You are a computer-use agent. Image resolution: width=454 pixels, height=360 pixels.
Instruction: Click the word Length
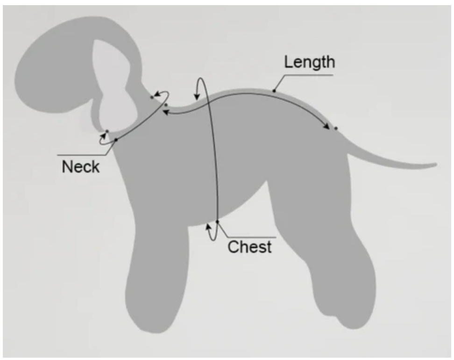pyautogui.click(x=310, y=62)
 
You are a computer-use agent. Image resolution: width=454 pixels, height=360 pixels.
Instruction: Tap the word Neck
pyautogui.click(x=80, y=166)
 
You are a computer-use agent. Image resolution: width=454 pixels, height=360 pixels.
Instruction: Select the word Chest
pyautogui.click(x=249, y=246)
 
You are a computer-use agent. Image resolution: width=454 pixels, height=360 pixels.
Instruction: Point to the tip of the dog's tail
pyautogui.click(x=434, y=165)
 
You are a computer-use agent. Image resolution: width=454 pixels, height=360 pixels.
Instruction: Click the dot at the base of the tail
pyautogui.click(x=335, y=128)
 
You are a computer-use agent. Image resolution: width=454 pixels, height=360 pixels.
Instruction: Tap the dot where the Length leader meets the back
pyautogui.click(x=274, y=90)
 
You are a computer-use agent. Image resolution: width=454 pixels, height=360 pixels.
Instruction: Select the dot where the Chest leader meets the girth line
pyautogui.click(x=217, y=221)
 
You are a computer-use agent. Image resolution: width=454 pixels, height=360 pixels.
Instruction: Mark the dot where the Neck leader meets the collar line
pyautogui.click(x=116, y=140)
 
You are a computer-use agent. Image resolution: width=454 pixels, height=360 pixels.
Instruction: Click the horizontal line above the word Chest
pyautogui.click(x=252, y=237)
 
